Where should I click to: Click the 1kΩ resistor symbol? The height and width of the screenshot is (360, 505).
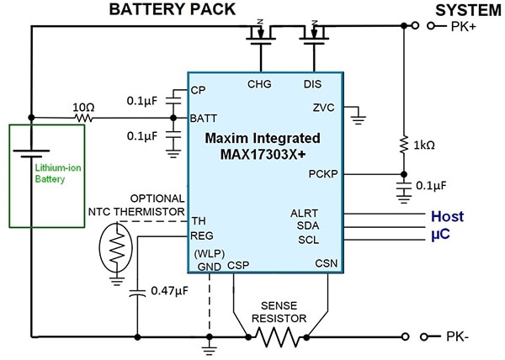[404, 145]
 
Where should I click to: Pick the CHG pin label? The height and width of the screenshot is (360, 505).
[259, 83]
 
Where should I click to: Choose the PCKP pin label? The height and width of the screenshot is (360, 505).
[323, 175]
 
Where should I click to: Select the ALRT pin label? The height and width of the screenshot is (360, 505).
[324, 214]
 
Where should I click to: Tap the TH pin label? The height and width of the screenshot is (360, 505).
[198, 220]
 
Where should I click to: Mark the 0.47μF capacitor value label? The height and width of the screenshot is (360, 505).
[172, 292]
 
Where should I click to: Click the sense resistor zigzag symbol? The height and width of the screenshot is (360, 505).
[278, 337]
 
